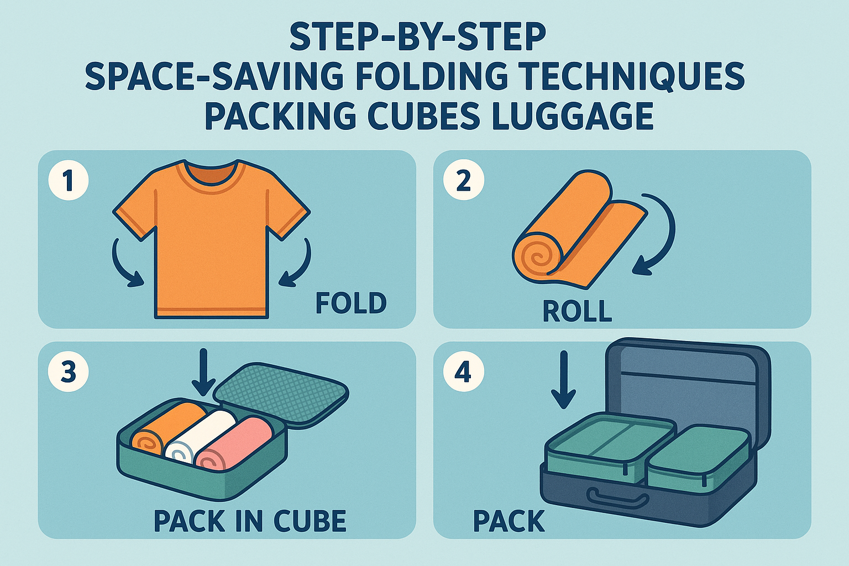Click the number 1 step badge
point(69,180)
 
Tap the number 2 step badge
point(464,180)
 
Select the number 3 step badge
point(69,371)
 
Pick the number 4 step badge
point(464,371)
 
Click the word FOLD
point(351,303)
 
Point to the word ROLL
point(577,312)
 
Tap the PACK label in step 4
point(509,521)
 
